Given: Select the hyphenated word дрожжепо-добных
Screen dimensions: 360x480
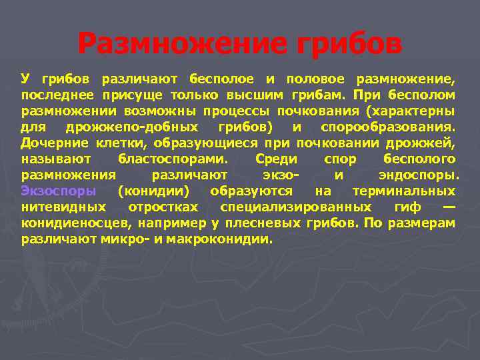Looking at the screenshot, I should pos(141,127).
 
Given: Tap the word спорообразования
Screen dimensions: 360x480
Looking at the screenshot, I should pos(387,127).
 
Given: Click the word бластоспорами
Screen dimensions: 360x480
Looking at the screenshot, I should pos(172,159).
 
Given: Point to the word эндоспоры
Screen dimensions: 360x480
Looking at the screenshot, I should pos(418,175).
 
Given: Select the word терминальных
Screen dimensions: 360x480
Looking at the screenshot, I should pos(404,191).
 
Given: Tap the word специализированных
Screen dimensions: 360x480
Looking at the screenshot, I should pos(296,207).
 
